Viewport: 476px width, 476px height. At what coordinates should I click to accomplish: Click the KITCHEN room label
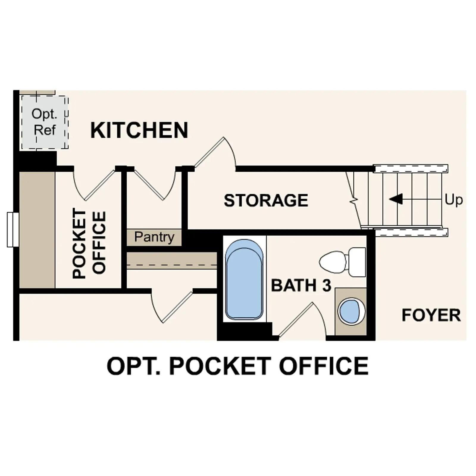139,130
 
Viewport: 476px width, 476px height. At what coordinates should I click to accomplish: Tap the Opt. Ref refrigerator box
44,122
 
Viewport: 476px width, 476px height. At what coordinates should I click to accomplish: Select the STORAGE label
266,200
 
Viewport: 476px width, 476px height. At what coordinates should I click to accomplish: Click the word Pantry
154,237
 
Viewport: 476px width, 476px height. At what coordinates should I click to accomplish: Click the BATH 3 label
301,285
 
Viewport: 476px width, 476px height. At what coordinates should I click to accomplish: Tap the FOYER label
431,315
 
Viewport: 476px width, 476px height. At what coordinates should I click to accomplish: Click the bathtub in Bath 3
244,280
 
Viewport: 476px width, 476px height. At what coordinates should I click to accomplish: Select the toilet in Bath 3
342,262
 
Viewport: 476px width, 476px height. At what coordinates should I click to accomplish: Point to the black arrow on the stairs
396,199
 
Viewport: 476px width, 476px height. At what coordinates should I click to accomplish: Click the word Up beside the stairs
454,200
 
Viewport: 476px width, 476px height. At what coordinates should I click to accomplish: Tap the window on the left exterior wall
12,229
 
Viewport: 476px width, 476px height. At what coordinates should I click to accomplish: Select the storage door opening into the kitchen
216,155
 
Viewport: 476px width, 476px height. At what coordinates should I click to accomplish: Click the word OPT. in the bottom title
134,366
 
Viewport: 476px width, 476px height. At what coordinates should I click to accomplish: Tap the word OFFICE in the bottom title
323,366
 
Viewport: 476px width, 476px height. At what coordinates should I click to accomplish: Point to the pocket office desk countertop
37,230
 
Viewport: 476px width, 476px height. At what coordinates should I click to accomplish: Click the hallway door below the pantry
173,306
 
